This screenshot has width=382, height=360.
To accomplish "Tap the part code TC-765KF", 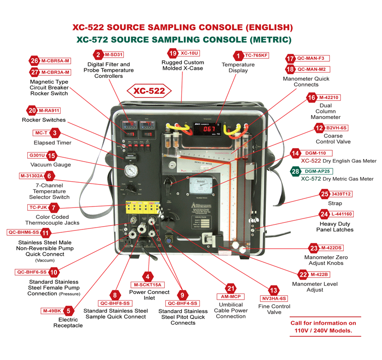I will click(x=257, y=55).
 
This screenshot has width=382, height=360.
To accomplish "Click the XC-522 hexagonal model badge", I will click(x=149, y=90).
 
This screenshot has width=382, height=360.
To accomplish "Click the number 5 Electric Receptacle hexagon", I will click(x=69, y=311).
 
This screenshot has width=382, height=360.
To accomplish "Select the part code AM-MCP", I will click(x=231, y=296).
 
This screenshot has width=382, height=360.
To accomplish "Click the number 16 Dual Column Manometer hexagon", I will click(x=312, y=98).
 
